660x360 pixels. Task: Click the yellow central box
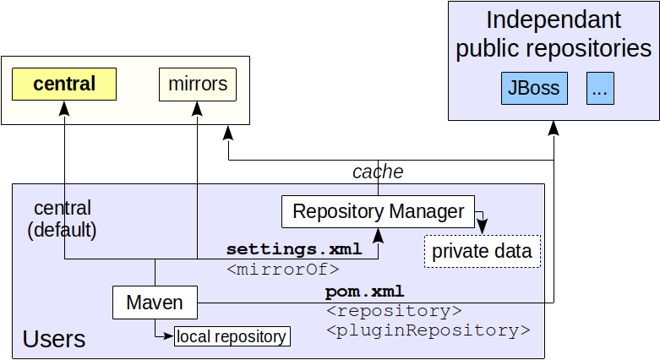coord(63,85)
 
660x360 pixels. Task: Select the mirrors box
coord(198,85)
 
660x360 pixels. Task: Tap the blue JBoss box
coord(534,89)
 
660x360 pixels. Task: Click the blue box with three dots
coord(600,89)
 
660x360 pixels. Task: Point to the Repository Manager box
coord(378,211)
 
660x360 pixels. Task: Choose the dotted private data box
coord(482,251)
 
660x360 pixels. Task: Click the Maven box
coord(155,302)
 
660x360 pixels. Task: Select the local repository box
coord(232,336)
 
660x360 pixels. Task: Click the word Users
coord(53,339)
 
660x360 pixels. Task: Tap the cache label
coord(377,172)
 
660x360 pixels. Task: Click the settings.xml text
coord(293,249)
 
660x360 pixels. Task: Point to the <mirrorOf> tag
coord(282,269)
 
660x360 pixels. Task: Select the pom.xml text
coord(364,292)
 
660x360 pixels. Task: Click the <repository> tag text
coord(393,311)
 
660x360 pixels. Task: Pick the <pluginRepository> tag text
coord(427,330)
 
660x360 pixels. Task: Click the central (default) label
coord(62,218)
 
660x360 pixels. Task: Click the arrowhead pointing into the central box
coord(63,107)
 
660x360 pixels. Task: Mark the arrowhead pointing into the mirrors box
coord(198,107)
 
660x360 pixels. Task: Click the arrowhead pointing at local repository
coord(169,336)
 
